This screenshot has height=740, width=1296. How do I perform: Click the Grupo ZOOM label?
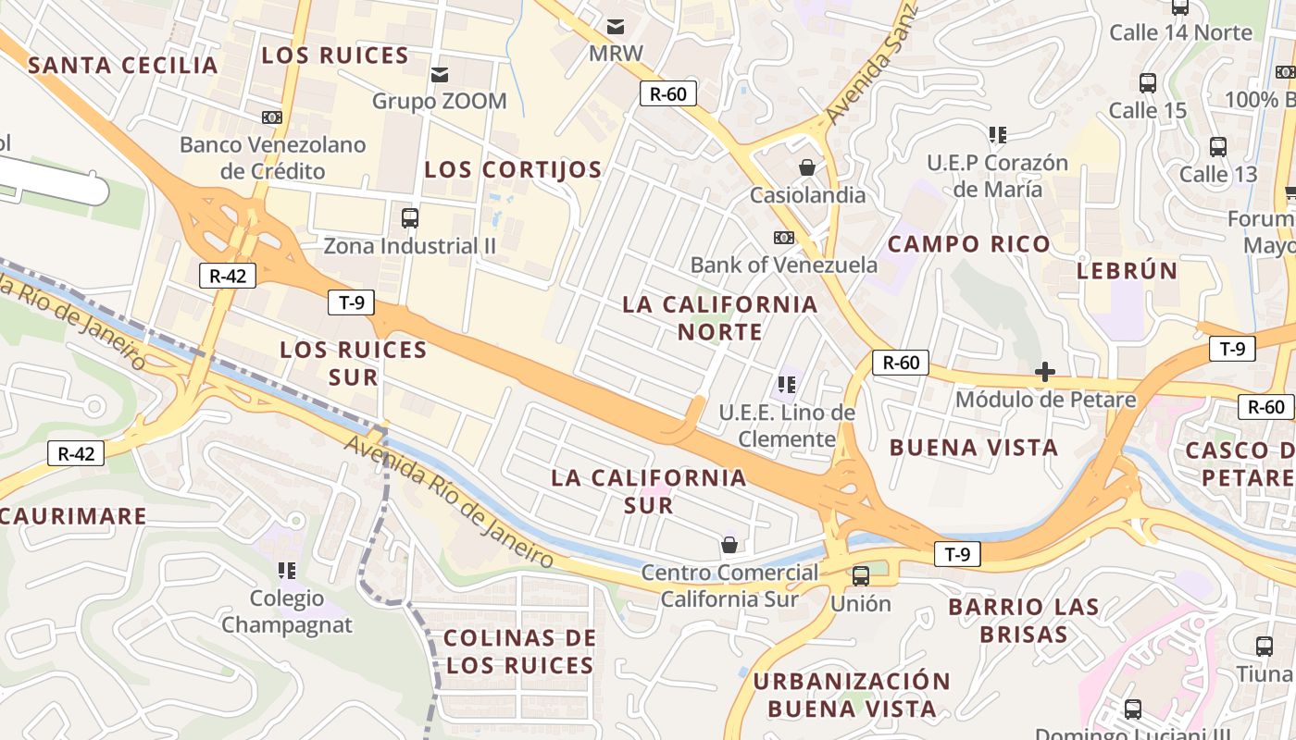click(439, 101)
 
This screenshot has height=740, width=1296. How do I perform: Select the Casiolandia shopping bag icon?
click(807, 167)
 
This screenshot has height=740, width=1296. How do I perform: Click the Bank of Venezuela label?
click(783, 265)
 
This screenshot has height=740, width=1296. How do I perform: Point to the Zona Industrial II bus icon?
click(410, 218)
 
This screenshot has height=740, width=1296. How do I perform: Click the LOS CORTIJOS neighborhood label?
click(513, 170)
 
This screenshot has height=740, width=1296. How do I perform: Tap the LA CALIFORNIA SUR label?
click(648, 491)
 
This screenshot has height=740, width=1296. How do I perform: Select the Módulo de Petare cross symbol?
click(1045, 372)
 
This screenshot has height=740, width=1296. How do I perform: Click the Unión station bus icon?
click(861, 576)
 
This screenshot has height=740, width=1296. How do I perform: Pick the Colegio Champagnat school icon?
click(287, 571)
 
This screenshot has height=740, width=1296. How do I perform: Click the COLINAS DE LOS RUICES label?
click(519, 651)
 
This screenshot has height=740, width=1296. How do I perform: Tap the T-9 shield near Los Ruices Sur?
click(351, 302)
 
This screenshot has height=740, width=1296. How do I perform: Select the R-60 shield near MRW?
click(667, 92)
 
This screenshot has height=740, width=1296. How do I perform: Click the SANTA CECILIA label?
click(123, 66)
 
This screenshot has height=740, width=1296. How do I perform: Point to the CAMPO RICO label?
click(969, 244)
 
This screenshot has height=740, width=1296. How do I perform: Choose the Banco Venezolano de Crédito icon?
click(271, 117)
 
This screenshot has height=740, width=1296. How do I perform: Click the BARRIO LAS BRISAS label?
click(1023, 621)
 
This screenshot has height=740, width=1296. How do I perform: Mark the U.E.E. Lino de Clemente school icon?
click(788, 384)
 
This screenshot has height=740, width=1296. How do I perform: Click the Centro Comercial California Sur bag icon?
click(729, 545)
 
